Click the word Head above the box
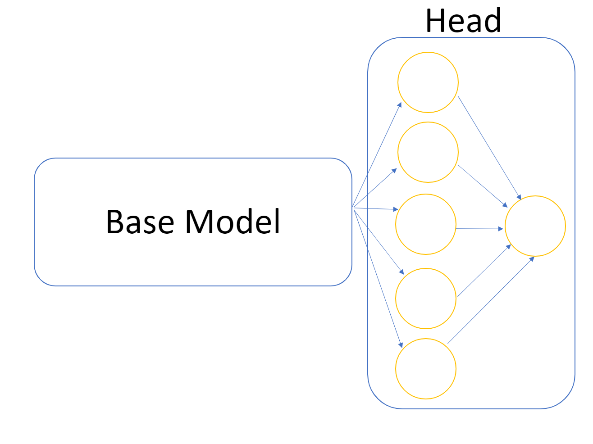point(463,21)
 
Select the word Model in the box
point(233,222)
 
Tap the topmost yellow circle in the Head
point(428,82)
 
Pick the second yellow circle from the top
point(428,152)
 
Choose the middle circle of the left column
point(426,224)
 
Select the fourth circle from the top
point(426,299)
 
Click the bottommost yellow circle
point(426,369)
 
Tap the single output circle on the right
point(535,226)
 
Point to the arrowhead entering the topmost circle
point(400,104)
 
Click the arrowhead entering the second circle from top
point(395,170)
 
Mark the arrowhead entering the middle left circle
point(396,209)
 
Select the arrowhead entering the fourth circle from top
point(401,272)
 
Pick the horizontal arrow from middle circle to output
point(479,229)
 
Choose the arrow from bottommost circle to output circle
point(491,300)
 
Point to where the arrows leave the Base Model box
point(353,208)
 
